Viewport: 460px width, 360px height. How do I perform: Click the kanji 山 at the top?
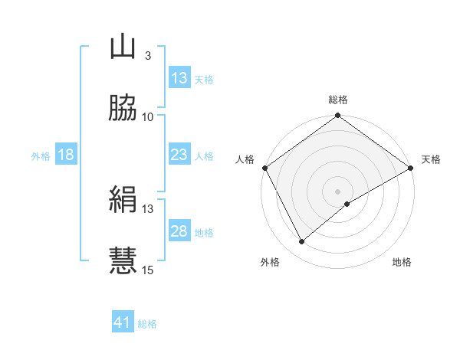pos(123,47)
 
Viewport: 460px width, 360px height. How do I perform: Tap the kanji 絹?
pos(123,201)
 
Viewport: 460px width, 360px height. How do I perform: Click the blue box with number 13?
pos(179,78)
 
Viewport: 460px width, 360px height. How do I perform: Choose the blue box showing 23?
pos(179,155)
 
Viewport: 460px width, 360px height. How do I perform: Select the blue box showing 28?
pos(179,232)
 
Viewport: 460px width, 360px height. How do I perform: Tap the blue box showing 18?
pos(66,155)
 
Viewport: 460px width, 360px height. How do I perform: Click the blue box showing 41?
pos(123,323)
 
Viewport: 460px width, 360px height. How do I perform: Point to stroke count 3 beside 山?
pos(147,55)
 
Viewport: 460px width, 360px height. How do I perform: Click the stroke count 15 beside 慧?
pos(148,270)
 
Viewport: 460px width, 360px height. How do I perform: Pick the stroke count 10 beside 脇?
pos(148,116)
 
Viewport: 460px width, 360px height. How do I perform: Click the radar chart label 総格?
pos(338,100)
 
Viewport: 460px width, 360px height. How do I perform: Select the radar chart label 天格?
pos(431,159)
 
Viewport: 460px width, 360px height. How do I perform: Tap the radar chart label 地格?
pos(402,263)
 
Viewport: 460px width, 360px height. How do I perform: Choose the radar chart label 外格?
pos(271,263)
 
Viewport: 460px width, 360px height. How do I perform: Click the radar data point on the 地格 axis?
pos(347,204)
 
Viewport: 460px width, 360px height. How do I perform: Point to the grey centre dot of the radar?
pos(338,191)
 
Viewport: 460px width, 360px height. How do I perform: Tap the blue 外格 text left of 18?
pos(41,156)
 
